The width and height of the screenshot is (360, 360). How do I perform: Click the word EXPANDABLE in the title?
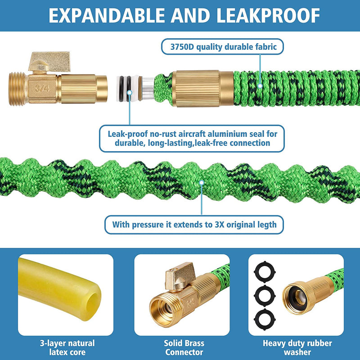tap(107, 16)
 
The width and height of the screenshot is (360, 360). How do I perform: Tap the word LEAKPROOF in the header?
tap(268, 16)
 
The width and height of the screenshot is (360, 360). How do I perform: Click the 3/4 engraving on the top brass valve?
tap(42, 88)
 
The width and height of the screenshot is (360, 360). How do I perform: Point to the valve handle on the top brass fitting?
tap(49, 61)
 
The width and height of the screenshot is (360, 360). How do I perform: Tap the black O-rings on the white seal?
tap(125, 89)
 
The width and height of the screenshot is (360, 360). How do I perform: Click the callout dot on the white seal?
tap(130, 93)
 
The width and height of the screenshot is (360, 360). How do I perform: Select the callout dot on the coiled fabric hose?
tap(260, 86)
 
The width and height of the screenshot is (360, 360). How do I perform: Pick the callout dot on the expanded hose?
tap(202, 183)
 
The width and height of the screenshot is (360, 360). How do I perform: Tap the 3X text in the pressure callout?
tap(219, 225)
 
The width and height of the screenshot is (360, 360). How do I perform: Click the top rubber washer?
tap(265, 272)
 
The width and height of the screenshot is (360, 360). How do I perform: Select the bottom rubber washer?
tap(265, 319)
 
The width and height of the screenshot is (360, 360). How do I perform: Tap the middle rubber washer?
tap(265, 296)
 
